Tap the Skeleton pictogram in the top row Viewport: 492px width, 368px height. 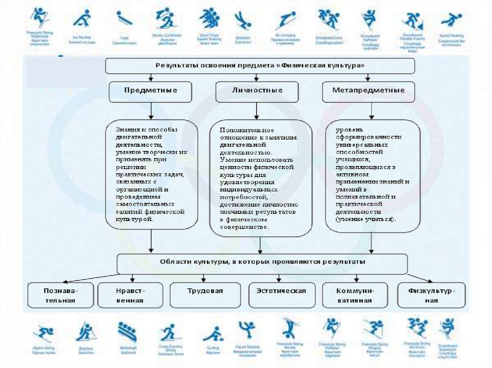[x=242, y=21]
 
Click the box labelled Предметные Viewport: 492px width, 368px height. [x=151, y=91]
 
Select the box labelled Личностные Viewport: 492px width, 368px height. [x=257, y=91]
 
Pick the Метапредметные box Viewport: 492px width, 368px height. [x=369, y=91]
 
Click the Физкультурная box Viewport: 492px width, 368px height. [x=431, y=295]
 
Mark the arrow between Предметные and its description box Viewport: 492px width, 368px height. [x=151, y=111]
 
